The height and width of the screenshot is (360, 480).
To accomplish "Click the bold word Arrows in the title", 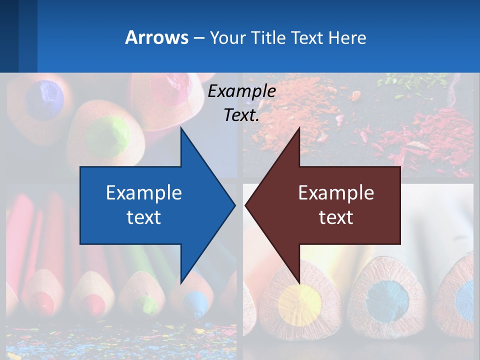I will [156, 37].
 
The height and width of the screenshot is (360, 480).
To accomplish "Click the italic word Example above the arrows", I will [241, 91].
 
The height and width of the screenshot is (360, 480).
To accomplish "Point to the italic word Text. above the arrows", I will [241, 115].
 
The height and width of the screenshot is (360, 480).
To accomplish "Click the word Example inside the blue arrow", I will [144, 192].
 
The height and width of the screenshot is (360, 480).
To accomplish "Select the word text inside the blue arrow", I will [144, 217].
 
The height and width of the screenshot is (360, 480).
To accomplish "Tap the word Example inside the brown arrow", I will [336, 192].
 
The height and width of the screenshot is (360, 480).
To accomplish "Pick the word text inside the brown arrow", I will [336, 217].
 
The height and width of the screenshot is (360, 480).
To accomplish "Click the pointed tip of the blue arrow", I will [234, 204].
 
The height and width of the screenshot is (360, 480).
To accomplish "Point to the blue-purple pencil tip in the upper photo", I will [45, 98].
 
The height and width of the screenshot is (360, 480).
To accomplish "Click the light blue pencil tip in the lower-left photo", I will [193, 301].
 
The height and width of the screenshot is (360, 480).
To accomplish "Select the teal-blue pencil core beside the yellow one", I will [387, 300].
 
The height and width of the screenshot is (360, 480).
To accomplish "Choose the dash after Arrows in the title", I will [198, 38].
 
